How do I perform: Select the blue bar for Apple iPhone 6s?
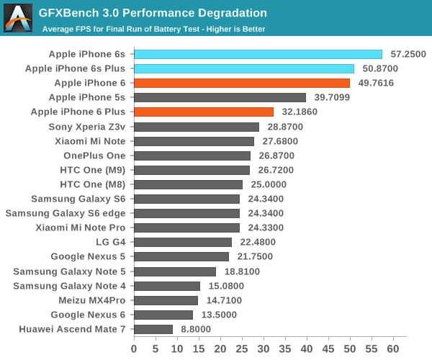coord(258,54)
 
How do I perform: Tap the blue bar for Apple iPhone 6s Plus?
coord(244,68)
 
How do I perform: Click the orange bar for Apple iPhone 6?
coord(242,83)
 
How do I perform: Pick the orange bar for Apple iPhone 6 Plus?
coord(204,112)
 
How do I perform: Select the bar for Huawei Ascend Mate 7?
coord(153,329)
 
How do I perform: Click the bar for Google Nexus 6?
coord(163,315)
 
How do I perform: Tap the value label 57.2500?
coord(408,54)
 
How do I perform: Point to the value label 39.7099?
coord(332,97)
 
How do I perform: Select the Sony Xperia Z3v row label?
coord(87,126)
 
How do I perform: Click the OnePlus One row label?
coord(94,156)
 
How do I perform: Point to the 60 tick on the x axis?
coord(394,348)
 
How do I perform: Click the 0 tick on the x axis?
coord(134,348)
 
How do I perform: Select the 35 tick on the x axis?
coord(285,348)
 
